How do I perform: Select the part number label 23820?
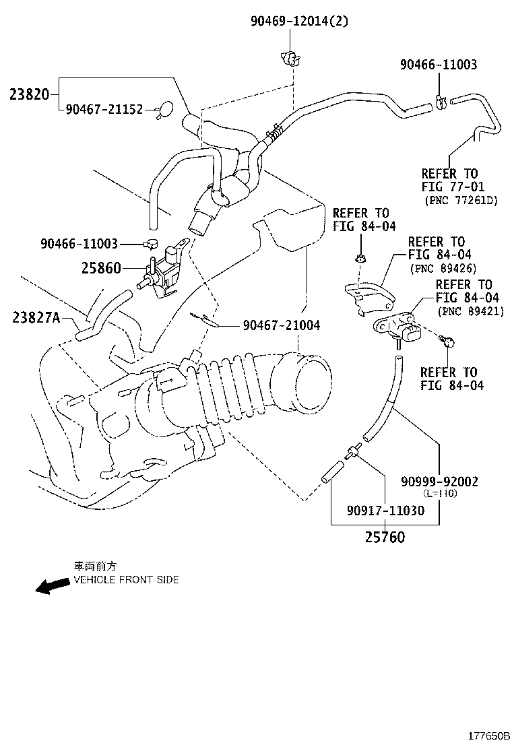[29, 94]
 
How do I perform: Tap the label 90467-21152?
[104, 109]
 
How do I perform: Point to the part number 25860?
[101, 269]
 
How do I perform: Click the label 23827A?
[35, 316]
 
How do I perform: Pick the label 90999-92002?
[439, 481]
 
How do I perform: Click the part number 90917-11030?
[387, 511]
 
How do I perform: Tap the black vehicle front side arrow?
[52, 586]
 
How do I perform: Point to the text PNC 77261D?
[461, 200]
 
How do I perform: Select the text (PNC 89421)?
[471, 311]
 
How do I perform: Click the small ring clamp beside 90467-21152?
[164, 109]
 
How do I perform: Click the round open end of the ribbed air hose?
[311, 384]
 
